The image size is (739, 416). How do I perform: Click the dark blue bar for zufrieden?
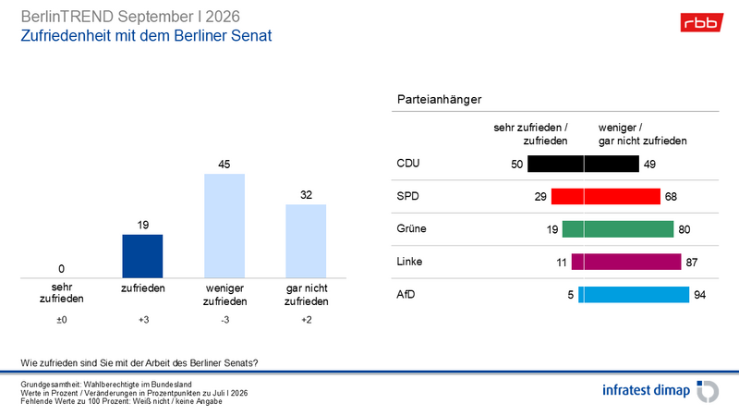click(142, 256)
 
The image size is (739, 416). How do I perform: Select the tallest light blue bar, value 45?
click(224, 226)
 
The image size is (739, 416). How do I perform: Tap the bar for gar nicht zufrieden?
click(306, 241)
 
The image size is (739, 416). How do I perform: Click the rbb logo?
click(701, 22)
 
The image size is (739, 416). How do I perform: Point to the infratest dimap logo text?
click(646, 390)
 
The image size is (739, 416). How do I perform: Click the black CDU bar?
click(583, 164)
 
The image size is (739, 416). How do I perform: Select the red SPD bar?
click(606, 196)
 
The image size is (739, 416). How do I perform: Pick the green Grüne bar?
click(618, 229)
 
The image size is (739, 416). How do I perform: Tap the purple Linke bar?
click(626, 262)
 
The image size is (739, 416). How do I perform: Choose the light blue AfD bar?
click(634, 294)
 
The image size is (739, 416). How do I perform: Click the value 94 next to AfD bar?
click(700, 295)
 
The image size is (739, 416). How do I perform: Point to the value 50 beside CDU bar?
click(517, 165)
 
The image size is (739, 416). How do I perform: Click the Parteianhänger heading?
click(440, 100)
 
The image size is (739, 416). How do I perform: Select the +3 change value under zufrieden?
click(144, 320)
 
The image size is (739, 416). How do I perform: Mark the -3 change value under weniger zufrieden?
click(225, 320)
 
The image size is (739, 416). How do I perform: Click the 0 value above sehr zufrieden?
click(61, 269)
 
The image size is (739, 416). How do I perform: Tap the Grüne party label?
click(411, 228)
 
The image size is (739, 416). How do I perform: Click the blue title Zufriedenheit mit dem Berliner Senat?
click(146, 36)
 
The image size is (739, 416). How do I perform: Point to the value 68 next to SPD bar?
click(672, 197)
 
